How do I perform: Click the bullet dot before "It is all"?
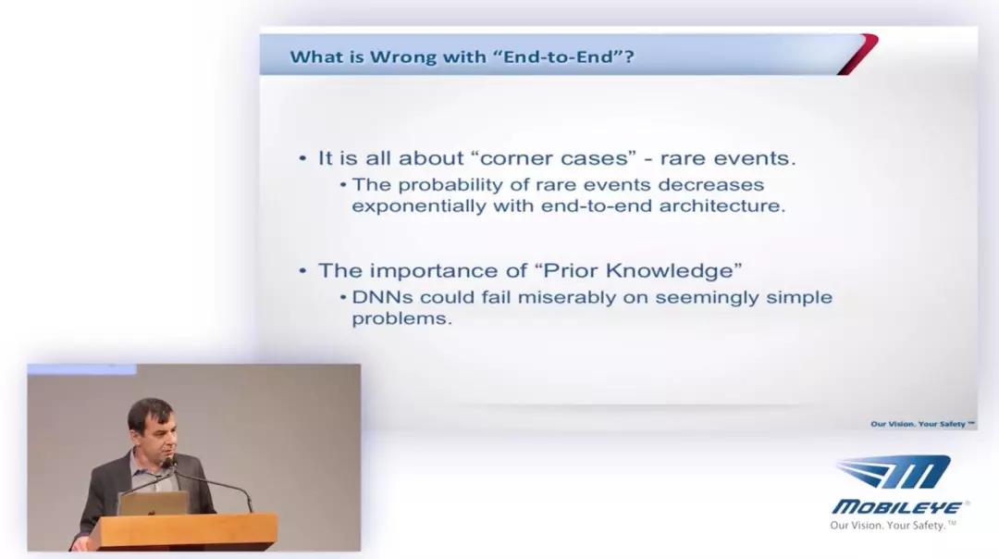click(x=302, y=158)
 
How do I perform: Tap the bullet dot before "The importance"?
click(x=302, y=271)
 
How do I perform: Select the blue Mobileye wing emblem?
click(x=894, y=472)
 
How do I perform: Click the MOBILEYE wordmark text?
click(x=897, y=507)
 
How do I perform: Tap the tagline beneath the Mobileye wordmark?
click(x=893, y=525)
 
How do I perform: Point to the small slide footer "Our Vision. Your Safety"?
click(x=922, y=424)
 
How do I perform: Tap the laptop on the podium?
click(x=153, y=503)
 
